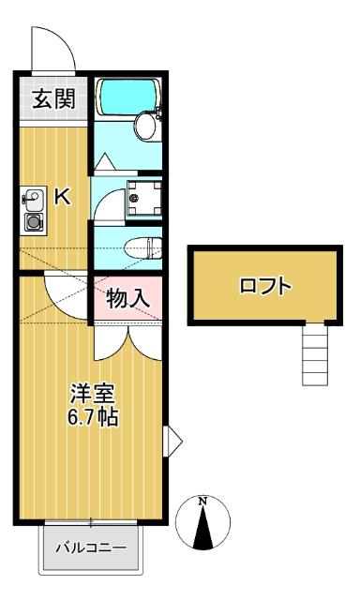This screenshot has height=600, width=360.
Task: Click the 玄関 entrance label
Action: click(x=54, y=99)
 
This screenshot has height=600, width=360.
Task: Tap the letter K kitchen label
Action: click(x=62, y=197)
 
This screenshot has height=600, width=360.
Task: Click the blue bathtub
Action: click(x=129, y=95)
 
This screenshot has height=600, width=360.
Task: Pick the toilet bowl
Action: click(x=140, y=248)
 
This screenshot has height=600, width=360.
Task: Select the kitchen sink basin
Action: click(x=34, y=199)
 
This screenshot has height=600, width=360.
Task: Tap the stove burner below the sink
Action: click(x=34, y=222)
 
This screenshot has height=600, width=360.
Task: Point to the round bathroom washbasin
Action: click(x=146, y=125)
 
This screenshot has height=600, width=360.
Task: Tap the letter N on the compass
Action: click(x=204, y=501)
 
